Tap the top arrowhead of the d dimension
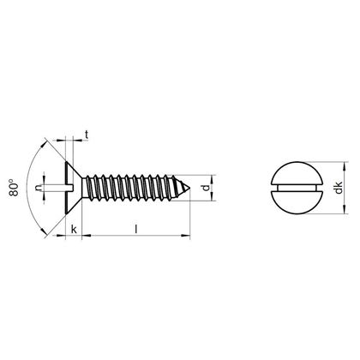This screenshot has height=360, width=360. pyautogui.click(x=211, y=171)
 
